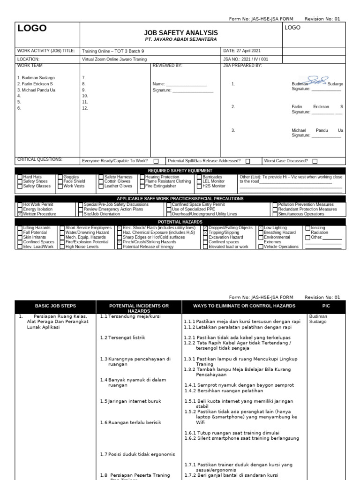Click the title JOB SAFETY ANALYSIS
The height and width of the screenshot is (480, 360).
click(x=181, y=32)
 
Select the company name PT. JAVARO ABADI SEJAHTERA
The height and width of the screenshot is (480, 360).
click(x=181, y=39)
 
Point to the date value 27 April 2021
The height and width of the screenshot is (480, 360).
click(x=248, y=51)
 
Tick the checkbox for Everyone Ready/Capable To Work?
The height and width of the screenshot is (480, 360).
click(x=156, y=161)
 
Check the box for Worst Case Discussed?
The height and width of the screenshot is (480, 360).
click(x=315, y=161)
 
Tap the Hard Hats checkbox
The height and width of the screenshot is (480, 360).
click(x=20, y=177)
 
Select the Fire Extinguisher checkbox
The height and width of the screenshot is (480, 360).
click(x=142, y=186)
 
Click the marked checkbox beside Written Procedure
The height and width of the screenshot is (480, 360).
click(x=20, y=214)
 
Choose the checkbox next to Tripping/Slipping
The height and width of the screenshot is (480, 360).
click(x=205, y=232)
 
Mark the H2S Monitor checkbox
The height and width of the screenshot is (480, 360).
click(x=199, y=186)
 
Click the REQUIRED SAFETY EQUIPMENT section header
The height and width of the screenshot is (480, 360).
click(x=180, y=171)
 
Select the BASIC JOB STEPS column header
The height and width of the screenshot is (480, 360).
click(x=55, y=306)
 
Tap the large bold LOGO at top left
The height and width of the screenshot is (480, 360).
click(x=32, y=29)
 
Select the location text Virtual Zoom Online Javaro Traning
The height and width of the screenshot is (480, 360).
click(x=114, y=60)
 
